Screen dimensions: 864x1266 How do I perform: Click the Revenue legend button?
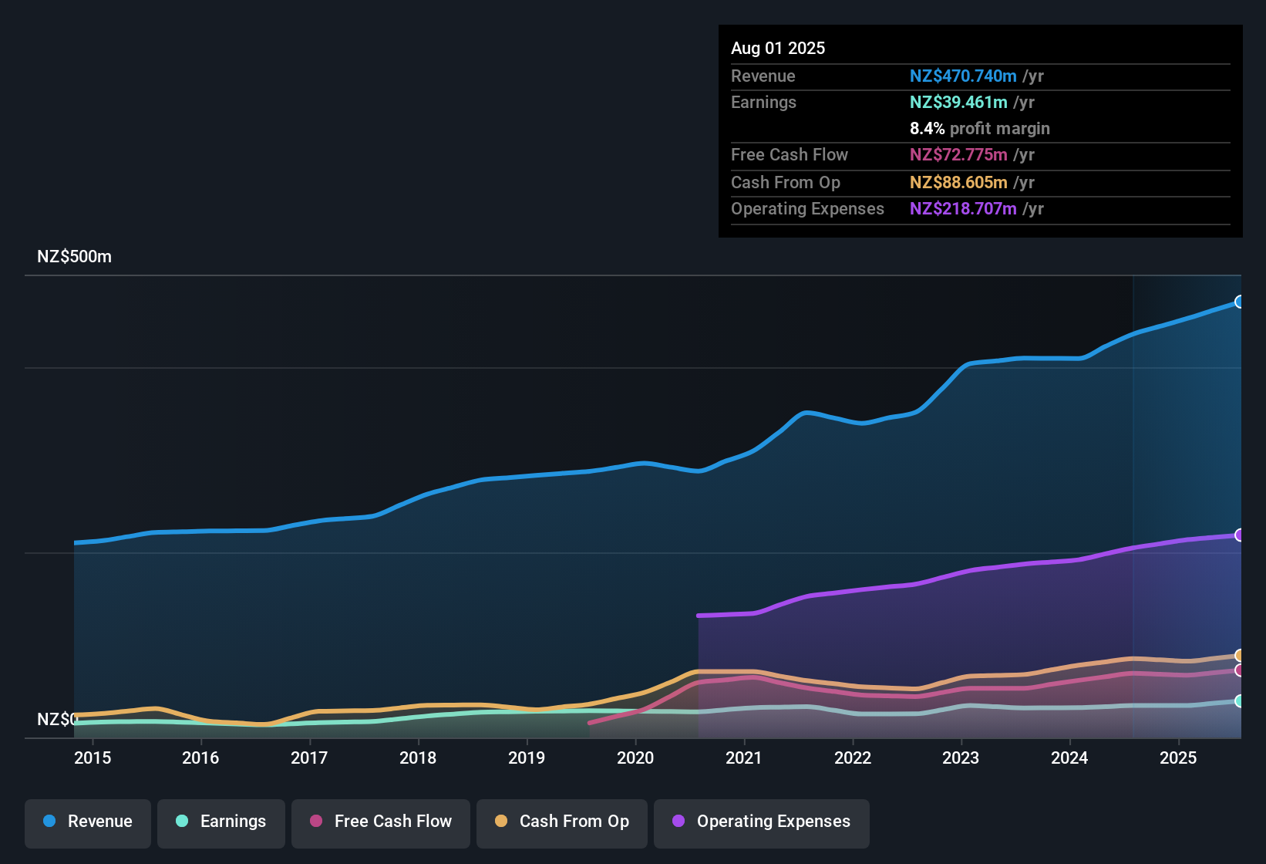pos(88,822)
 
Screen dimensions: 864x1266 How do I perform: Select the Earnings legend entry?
pos(221,822)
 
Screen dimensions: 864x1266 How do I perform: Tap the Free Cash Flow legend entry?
pos(381,822)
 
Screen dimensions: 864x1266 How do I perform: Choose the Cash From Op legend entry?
pos(562,822)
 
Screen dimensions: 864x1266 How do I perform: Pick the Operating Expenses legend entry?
pos(762,822)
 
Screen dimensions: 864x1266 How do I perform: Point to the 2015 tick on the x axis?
pos(93,758)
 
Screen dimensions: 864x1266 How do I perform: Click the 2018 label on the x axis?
pos(418,758)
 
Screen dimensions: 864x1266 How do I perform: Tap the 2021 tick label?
pos(744,758)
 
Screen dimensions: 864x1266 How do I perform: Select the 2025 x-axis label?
pos(1178,758)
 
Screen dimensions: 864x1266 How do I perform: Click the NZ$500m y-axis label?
pos(74,257)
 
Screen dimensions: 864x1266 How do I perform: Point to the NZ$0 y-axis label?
pos(57,720)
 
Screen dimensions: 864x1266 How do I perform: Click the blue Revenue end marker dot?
pos(1239,302)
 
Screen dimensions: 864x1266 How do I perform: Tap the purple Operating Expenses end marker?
pos(1239,535)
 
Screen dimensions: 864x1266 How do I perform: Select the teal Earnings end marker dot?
pos(1239,701)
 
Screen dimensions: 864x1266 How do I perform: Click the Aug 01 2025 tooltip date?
pos(778,49)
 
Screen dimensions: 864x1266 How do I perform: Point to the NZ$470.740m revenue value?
pos(963,76)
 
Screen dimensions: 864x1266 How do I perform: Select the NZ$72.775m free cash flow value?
pos(958,155)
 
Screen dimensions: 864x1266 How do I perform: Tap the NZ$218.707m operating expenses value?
pos(963,209)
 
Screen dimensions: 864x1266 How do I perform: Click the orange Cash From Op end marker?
pos(1239,656)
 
